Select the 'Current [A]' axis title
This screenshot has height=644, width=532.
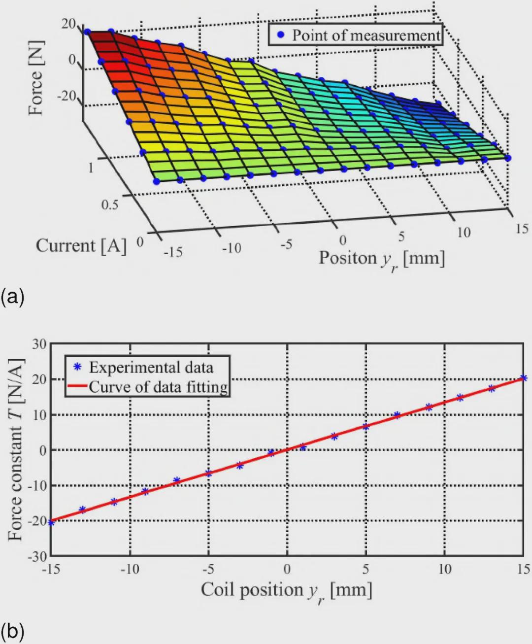81,246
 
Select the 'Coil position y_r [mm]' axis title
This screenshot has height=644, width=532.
286,591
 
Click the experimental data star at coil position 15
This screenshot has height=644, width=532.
524,378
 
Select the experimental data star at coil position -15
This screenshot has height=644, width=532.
51,522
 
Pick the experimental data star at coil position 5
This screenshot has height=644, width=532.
366,426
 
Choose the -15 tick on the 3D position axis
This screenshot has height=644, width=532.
172,253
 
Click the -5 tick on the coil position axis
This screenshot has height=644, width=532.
208,570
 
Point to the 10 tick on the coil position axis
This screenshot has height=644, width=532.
444,570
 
